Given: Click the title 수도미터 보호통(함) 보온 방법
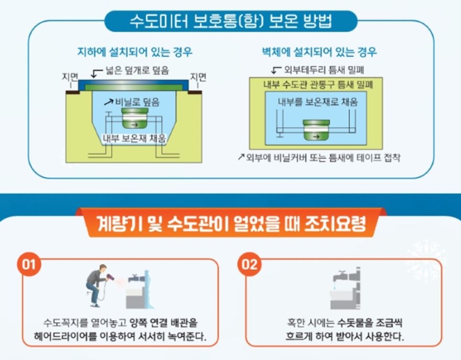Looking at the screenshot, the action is coord(230,21).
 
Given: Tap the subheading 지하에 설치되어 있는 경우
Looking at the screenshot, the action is coord(135,52).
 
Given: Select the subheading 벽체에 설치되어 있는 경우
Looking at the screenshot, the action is coord(320,52).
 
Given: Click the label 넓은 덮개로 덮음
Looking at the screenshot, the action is coord(137,70).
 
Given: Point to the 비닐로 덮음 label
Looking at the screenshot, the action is coord(137,102).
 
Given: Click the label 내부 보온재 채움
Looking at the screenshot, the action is coord(135,138).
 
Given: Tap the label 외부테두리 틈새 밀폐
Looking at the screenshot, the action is coord(324,70).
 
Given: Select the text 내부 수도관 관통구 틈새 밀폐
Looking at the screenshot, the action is coord(318,85).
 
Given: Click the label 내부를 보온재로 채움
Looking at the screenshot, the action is coord(318,102).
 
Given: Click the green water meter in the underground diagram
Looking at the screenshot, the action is coord(135,118).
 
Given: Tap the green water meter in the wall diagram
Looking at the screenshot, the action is coord(316,130).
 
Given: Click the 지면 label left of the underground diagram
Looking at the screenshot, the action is coord(70,77).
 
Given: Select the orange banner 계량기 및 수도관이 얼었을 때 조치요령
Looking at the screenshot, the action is coord(231,224).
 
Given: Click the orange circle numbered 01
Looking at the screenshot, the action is coord(28,264).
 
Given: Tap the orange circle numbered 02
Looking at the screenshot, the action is coord(249,264).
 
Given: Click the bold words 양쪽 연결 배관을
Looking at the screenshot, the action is coord(164,323).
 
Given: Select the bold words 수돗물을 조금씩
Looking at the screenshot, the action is coord(369,323).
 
